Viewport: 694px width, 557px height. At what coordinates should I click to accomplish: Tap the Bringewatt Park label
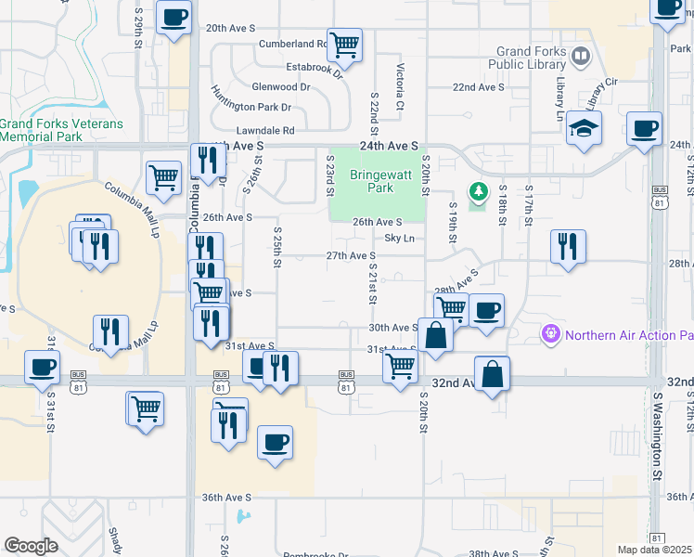(373, 181)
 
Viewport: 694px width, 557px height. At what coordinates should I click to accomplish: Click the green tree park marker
(479, 192)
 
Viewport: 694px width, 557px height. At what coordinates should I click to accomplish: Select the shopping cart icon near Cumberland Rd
(345, 44)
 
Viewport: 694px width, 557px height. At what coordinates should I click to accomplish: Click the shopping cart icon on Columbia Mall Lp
(164, 176)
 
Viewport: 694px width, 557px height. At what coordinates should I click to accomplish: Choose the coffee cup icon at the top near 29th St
(174, 16)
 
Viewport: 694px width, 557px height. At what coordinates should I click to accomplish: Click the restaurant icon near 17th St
(568, 246)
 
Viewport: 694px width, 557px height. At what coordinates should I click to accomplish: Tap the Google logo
(30, 546)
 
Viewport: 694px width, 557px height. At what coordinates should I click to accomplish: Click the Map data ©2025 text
(654, 550)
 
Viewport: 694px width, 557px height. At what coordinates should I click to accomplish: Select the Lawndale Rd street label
(264, 131)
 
